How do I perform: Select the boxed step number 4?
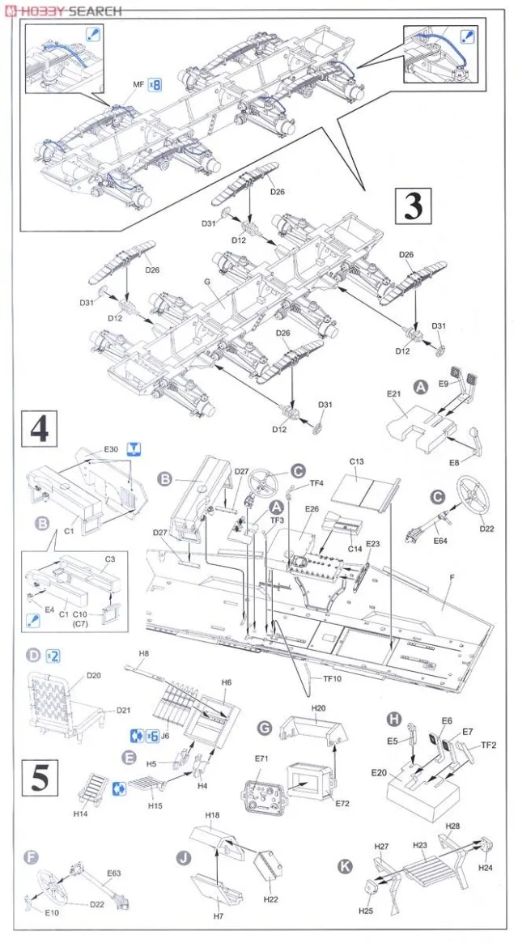pos(39,427)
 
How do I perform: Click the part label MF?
pos(138,84)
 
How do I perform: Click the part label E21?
pos(394,393)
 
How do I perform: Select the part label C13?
pos(356,461)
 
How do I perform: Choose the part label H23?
pos(419,844)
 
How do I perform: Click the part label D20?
pos(92,675)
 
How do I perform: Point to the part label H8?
pos(143,653)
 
